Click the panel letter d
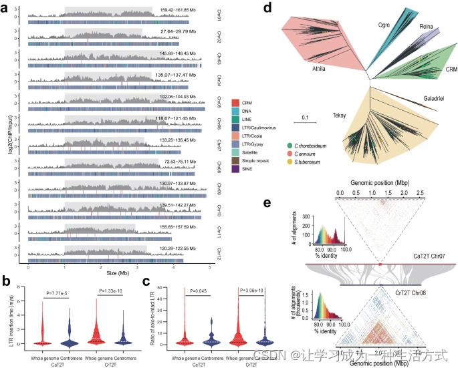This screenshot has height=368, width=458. pyautogui.click(x=267, y=9)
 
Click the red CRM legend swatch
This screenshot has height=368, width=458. pyautogui.click(x=235, y=102)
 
